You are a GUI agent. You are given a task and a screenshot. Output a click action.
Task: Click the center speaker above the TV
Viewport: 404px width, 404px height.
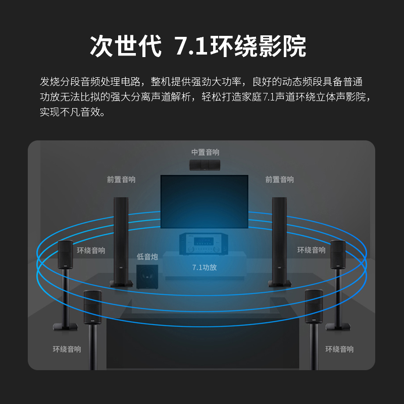[205, 165]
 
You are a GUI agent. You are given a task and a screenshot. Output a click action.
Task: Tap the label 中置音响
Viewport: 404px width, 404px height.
[205, 152]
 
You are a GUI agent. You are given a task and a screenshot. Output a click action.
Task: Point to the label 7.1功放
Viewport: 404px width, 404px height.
[205, 267]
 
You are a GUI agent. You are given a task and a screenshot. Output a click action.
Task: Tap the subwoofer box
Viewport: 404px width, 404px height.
[147, 276]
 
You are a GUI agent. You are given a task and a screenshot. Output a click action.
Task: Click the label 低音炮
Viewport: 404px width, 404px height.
[147, 257]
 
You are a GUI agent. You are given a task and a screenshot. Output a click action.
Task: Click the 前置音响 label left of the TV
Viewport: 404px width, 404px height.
[121, 179]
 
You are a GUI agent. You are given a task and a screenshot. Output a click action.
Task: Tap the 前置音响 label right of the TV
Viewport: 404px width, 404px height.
[279, 179]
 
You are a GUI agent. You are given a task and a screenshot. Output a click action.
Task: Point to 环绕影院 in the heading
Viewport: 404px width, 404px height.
[258, 46]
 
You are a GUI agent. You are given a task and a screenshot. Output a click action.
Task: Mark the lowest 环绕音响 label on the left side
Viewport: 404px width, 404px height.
[67, 349]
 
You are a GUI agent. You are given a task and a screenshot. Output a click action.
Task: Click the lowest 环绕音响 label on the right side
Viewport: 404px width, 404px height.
[339, 349]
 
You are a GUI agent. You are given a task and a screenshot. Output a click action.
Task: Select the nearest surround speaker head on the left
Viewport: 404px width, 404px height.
[92, 307]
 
